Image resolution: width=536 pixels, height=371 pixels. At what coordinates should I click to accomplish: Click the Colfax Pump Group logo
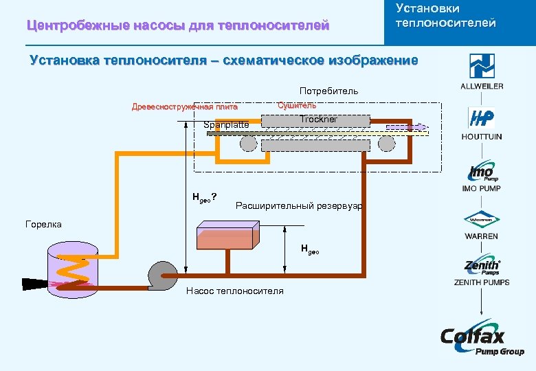pos(482,340)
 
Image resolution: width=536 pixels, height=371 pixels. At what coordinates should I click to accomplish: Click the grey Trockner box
pos(317,120)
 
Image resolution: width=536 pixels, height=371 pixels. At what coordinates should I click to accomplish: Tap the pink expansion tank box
pos(227,235)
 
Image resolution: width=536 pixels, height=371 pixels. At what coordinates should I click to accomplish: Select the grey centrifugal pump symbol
pos(163,276)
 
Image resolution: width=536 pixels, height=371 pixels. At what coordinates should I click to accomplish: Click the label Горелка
pos(43,224)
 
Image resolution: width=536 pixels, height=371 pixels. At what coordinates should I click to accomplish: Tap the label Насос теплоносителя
pos(234,291)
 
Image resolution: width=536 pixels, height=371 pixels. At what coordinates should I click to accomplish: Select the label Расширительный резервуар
pos(299,205)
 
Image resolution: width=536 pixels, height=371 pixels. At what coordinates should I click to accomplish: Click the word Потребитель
pos(328,91)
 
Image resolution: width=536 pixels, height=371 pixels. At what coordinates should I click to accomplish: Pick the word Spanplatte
pos(226,125)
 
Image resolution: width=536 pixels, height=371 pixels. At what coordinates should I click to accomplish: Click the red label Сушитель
pos(297,105)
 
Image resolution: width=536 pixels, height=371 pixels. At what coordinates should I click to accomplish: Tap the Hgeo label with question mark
pos(205,198)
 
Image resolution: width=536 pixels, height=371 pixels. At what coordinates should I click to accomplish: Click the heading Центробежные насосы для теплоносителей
pos(178,26)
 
